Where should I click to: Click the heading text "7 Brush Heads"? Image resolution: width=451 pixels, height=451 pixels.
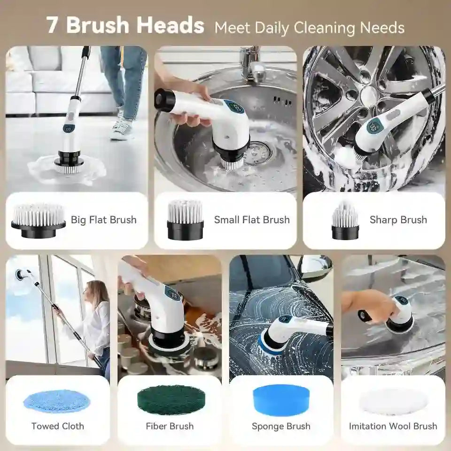[x=125, y=25]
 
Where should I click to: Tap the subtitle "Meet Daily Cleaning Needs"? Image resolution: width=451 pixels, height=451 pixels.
[x=309, y=27]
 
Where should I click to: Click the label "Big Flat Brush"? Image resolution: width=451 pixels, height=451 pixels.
[x=103, y=219]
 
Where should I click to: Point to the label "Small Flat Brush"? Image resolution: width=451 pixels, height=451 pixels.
[x=252, y=219]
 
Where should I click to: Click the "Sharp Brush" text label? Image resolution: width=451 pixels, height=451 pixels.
[x=398, y=219]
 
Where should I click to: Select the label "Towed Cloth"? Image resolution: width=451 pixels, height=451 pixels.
[x=58, y=426]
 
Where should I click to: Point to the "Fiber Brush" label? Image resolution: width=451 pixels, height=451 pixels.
[x=170, y=426]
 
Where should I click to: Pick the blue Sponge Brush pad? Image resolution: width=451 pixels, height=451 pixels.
[x=281, y=398]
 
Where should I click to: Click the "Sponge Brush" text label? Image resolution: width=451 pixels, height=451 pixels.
[x=281, y=426]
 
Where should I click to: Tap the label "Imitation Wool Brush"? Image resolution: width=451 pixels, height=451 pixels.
[x=393, y=426]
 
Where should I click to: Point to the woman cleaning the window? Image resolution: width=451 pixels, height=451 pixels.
[x=96, y=319]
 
